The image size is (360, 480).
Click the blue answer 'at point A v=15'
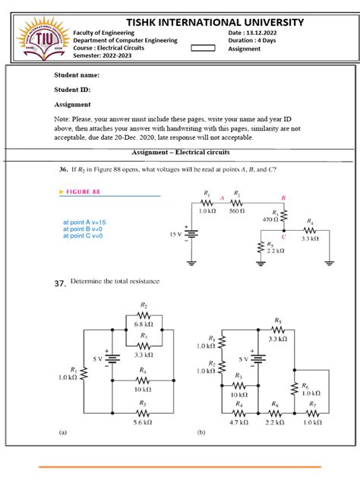point(86,221)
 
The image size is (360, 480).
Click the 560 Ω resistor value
point(237,211)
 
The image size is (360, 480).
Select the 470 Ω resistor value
point(271,219)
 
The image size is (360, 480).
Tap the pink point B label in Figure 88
point(283,197)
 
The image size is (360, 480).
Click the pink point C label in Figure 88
point(283,237)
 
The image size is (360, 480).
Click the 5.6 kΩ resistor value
point(142,422)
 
